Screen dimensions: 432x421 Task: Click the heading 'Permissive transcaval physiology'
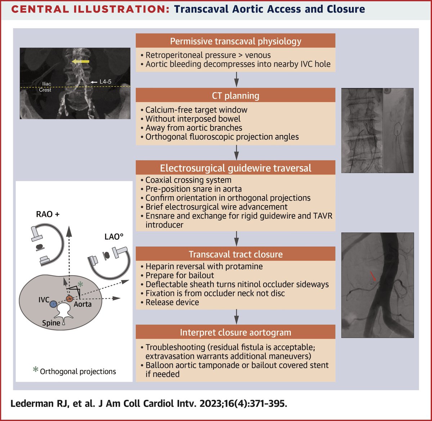coord(235,41)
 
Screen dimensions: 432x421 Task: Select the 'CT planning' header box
coord(235,96)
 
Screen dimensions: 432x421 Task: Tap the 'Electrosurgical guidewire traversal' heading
coord(235,168)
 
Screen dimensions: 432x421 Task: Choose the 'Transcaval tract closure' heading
coord(235,254)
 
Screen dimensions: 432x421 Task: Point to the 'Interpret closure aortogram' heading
coord(235,332)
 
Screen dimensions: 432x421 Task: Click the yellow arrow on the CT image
coord(80,62)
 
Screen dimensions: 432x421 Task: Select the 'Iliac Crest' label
coord(45,87)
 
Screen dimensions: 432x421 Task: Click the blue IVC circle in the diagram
coord(53,304)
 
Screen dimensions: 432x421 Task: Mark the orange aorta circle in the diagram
coord(69,299)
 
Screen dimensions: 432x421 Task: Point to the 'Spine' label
coord(51,323)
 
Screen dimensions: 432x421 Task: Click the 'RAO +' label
coord(48,214)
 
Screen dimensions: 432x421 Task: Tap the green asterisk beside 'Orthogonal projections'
coord(35,370)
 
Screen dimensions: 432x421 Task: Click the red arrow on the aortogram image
coord(374,277)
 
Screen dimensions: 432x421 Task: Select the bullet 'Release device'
coord(172,302)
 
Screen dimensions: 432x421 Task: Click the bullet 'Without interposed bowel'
coord(193,119)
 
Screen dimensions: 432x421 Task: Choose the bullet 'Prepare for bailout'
coord(180,276)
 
